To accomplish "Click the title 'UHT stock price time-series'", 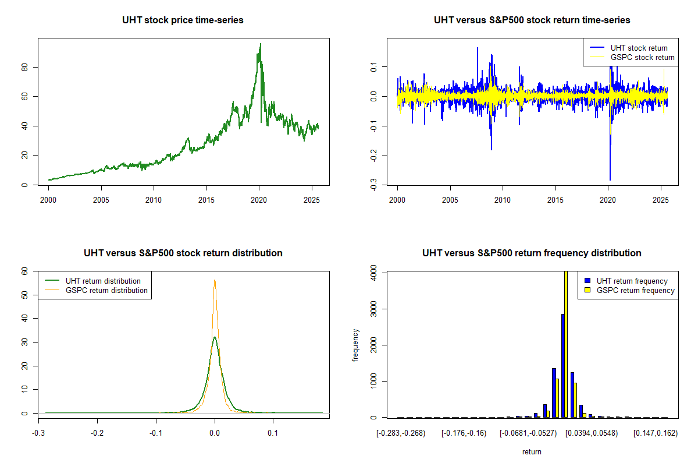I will pyautogui.click(x=183, y=20).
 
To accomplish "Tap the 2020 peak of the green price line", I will pyautogui.click(x=260, y=44).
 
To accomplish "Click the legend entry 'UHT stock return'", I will pyautogui.click(x=639, y=48).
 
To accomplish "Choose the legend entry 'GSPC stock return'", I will pyautogui.click(x=642, y=58).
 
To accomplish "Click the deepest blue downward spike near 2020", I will pyautogui.click(x=610, y=179).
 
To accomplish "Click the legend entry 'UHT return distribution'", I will pyautogui.click(x=103, y=281).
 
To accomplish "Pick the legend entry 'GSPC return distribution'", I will pyautogui.click(x=106, y=290).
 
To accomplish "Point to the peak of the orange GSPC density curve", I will pyautogui.click(x=215, y=280).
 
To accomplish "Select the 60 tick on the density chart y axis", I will pyautogui.click(x=25, y=271).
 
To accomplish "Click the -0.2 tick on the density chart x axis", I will pyautogui.click(x=97, y=433).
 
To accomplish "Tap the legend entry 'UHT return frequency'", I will pyautogui.click(x=632, y=281).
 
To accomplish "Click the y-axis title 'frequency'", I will pyautogui.click(x=355, y=345).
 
